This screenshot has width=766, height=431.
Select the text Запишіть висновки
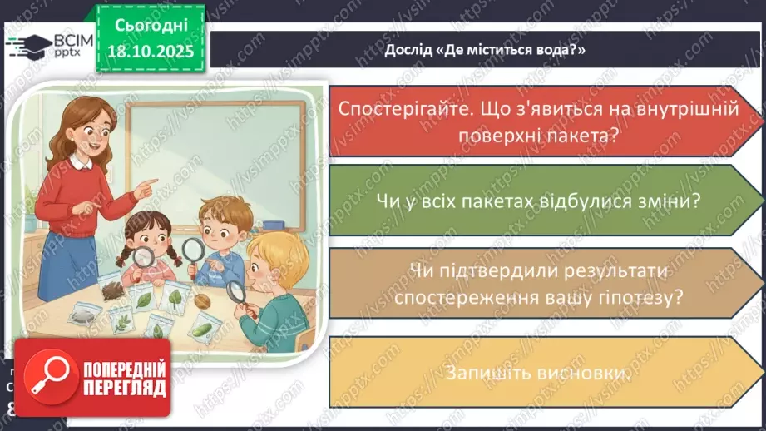point(536,374)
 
